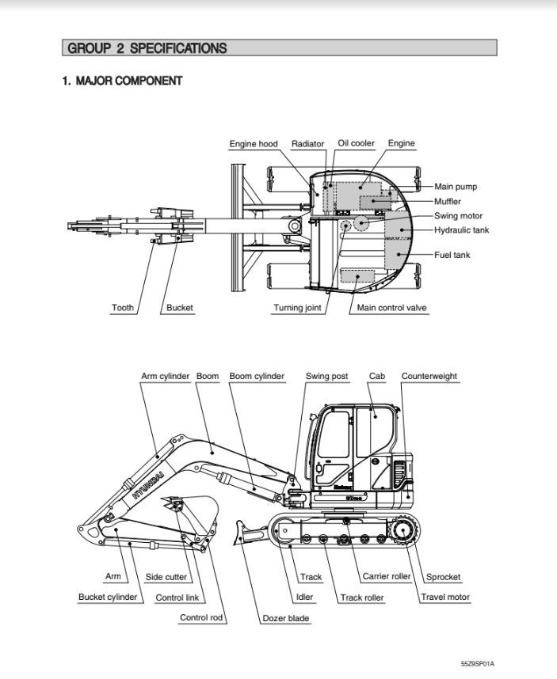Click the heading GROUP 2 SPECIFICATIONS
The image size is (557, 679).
[147, 48]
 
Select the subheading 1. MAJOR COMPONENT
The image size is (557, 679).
[122, 81]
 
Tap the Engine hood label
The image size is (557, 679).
[254, 144]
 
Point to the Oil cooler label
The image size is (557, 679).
[357, 143]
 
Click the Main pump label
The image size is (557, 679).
[456, 187]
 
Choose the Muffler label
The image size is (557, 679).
[448, 201]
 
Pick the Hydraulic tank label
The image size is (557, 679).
[462, 230]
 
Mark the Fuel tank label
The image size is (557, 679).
[452, 255]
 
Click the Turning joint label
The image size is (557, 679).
[298, 308]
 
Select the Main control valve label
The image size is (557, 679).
[392, 308]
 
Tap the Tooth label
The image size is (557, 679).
[122, 308]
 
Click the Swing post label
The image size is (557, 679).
[327, 376]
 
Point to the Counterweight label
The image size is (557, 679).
[429, 376]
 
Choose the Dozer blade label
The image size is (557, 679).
[286, 618]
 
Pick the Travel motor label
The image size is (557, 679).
[445, 597]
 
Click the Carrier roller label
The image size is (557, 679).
[387, 576]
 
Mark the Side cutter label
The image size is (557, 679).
[166, 577]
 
